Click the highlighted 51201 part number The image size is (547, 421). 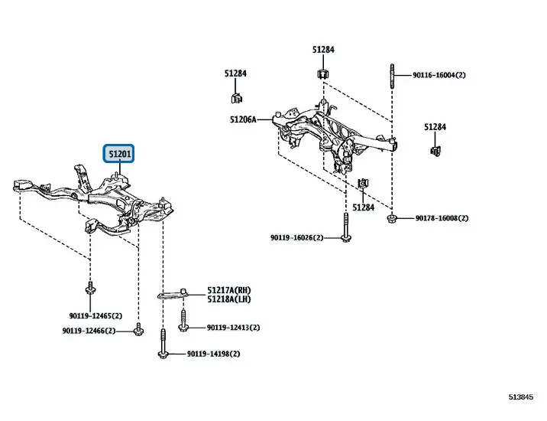[x=120, y=155]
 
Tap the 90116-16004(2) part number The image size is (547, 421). [x=439, y=75]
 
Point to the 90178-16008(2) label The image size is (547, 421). [x=442, y=218]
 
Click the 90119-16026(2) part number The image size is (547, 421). [x=296, y=238]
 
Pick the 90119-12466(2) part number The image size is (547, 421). [x=89, y=331]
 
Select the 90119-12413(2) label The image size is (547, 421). [x=233, y=328]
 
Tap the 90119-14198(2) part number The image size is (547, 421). [x=213, y=354]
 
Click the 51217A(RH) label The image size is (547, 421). [x=228, y=291]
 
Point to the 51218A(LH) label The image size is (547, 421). [x=228, y=300]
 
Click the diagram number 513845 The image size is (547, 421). [x=523, y=397]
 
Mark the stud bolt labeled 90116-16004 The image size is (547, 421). [x=390, y=77]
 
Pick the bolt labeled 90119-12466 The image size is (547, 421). [x=138, y=330]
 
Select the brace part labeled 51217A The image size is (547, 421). [x=173, y=291]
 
